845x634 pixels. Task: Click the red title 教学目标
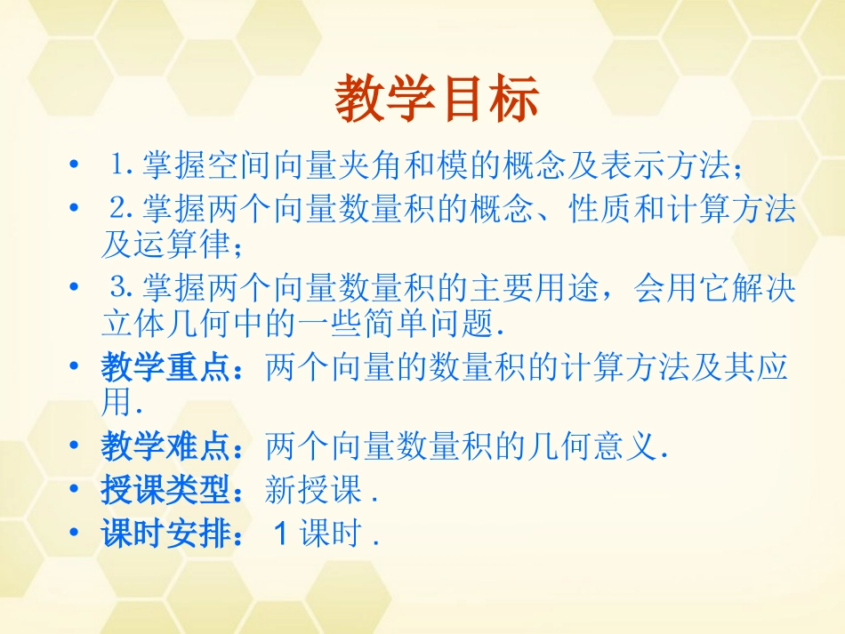point(437,100)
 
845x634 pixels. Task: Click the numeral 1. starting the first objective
point(123,165)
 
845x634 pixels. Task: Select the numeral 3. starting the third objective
point(123,289)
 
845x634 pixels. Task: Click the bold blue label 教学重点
point(166,368)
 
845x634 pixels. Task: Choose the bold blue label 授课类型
point(166,490)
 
